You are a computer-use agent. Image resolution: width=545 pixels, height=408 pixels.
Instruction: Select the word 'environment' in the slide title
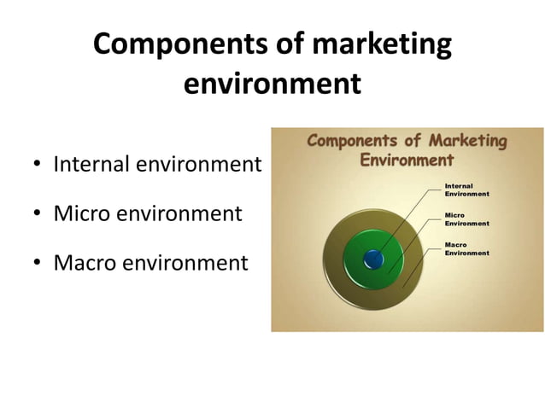click(x=272, y=85)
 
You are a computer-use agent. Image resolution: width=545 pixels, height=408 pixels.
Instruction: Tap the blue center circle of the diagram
click(x=373, y=259)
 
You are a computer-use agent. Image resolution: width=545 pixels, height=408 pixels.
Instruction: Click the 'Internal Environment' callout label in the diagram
click(x=466, y=189)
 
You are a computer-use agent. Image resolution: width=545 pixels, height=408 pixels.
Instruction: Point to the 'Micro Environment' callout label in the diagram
click(x=466, y=219)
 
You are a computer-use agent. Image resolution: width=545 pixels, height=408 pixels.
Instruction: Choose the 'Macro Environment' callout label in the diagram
click(x=466, y=248)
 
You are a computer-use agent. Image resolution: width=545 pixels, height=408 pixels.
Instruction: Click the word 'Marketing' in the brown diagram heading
click(x=467, y=141)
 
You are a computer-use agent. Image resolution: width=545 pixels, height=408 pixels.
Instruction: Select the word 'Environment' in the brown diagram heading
click(x=407, y=160)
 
